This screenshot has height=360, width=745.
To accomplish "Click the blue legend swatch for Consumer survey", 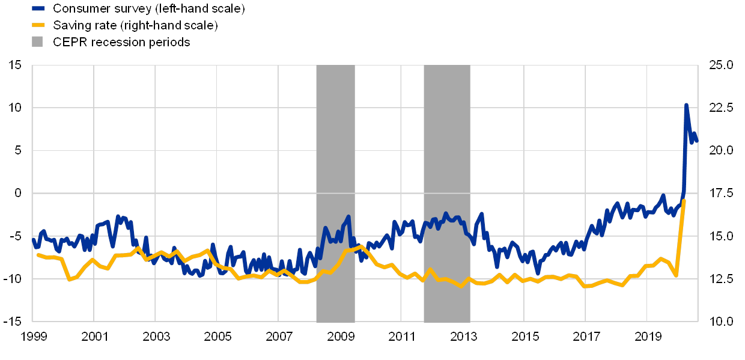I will click(38, 8).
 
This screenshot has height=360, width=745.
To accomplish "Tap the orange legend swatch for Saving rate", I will click(38, 25).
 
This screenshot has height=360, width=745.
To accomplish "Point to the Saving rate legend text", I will click(135, 25).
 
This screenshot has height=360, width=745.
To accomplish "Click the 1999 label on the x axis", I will click(33, 335).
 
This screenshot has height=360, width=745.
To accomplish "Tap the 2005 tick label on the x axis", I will click(217, 335).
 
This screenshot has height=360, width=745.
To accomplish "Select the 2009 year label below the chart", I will click(340, 335).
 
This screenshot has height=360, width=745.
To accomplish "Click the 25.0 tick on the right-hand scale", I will click(721, 65).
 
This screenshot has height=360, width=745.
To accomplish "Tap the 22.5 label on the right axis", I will click(721, 108).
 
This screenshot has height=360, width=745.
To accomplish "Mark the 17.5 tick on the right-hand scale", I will click(721, 193).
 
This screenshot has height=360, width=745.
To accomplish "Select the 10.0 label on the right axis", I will click(721, 321).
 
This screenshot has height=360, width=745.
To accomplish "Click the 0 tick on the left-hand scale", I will click(18, 193).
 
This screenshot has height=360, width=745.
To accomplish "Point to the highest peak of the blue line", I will click(686, 105).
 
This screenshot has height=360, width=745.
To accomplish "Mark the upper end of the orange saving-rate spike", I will click(684, 200).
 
